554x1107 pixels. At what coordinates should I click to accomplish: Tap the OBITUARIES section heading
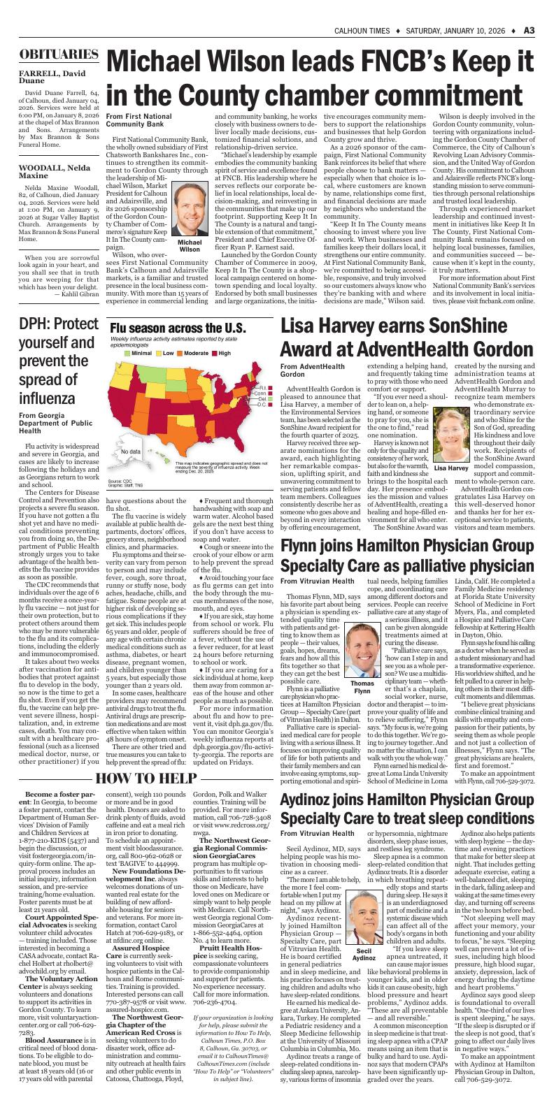[58, 55]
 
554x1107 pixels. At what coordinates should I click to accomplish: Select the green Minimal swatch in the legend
[127, 354]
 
